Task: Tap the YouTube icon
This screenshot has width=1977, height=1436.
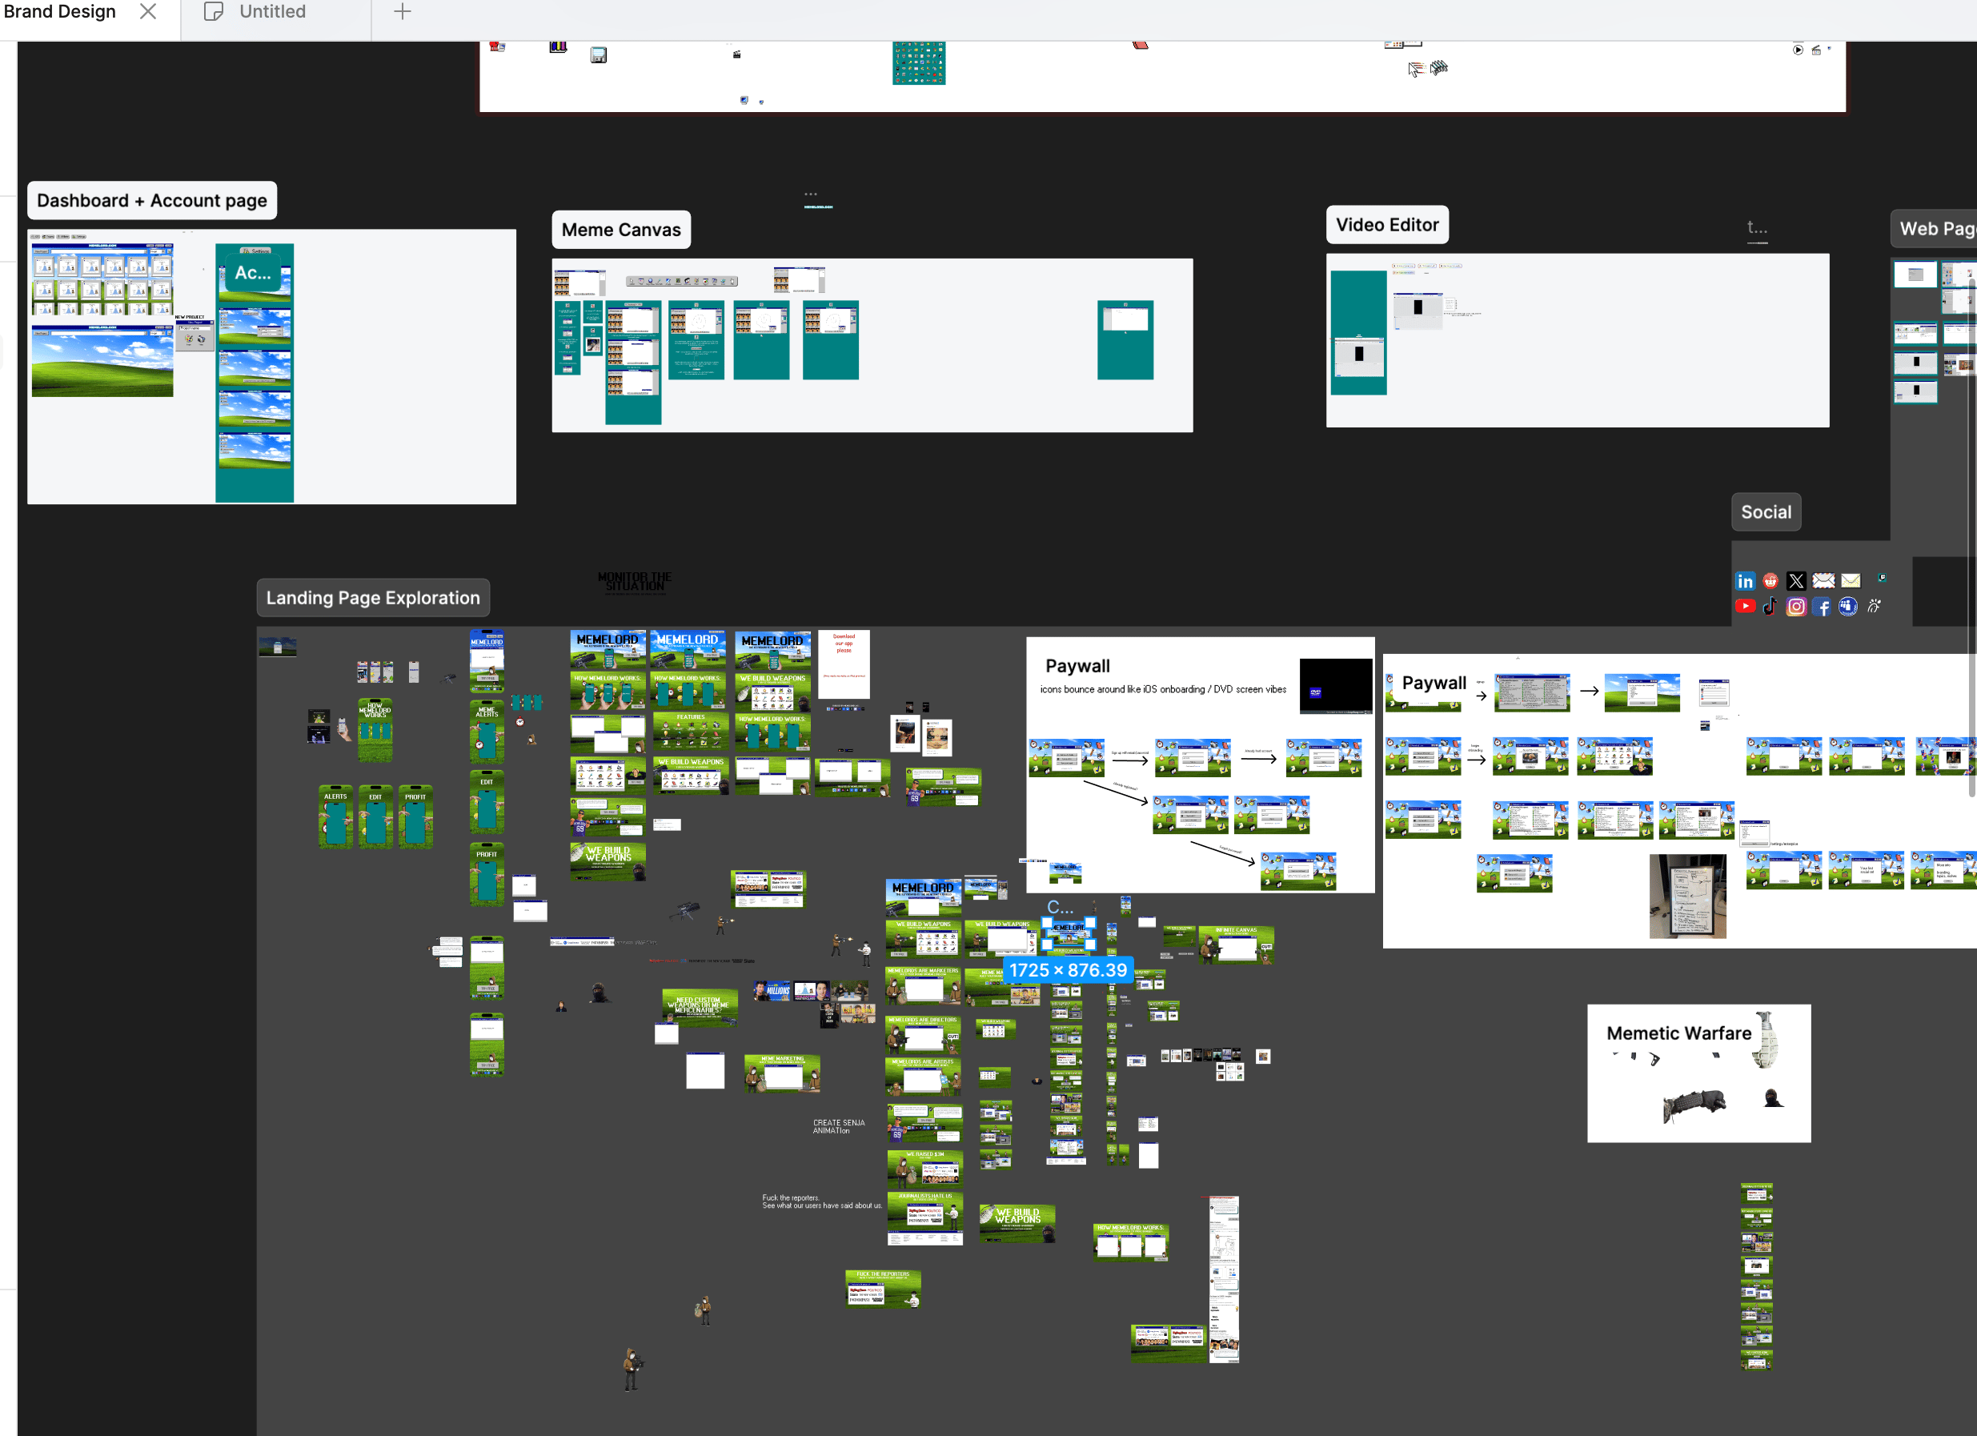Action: click(x=1744, y=607)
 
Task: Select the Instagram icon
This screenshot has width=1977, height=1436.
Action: click(x=1795, y=607)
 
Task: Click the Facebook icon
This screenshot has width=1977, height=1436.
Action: click(x=1822, y=607)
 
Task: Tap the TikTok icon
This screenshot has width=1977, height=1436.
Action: click(x=1770, y=607)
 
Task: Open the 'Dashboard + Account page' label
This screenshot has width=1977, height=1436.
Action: click(x=151, y=201)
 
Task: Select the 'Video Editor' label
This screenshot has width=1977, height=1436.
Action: click(x=1387, y=225)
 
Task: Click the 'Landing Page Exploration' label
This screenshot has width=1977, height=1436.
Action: click(x=373, y=598)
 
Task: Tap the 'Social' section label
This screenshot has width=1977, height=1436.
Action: click(x=1766, y=512)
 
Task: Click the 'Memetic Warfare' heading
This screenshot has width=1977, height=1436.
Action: click(x=1678, y=1033)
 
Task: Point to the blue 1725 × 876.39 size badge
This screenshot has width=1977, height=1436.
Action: click(x=1068, y=970)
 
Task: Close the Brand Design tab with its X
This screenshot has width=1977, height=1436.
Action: click(x=148, y=11)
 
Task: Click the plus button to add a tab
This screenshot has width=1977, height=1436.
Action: click(x=402, y=11)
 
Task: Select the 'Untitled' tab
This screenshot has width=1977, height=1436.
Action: click(x=272, y=11)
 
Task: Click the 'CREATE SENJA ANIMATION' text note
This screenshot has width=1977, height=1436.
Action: click(x=838, y=1126)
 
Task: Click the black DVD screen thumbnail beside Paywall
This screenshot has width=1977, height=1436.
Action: click(x=1335, y=686)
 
